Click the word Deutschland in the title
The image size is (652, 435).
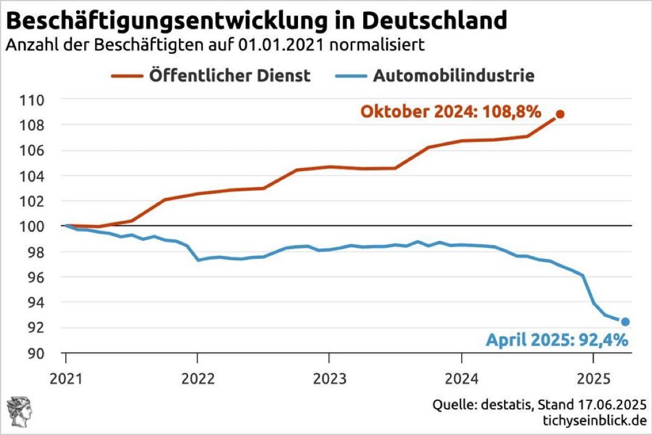point(439,21)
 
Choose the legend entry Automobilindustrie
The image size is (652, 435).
point(453,76)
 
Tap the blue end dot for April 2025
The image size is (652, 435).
point(625,322)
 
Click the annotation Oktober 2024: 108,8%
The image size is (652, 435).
point(450,112)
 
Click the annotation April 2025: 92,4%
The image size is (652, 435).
point(557,340)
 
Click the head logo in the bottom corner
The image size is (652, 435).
point(18,410)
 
